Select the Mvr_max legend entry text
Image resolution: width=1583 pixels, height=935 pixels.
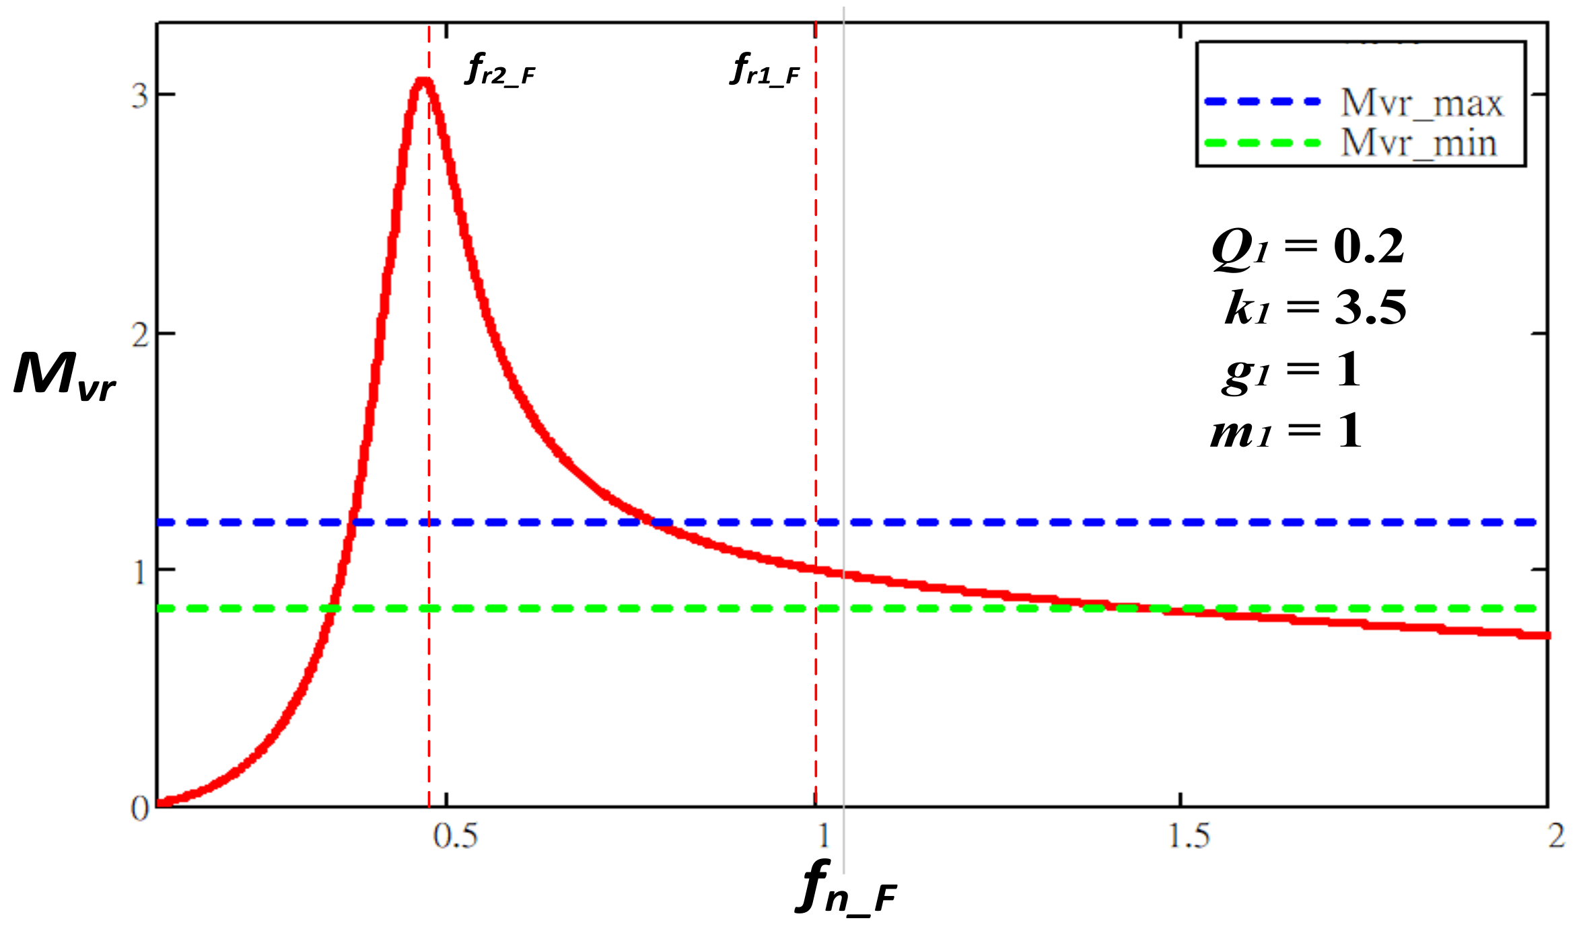coord(1421,103)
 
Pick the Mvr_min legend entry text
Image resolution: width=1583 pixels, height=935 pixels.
coord(1419,143)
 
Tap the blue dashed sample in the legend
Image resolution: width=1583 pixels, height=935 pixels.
coord(1263,102)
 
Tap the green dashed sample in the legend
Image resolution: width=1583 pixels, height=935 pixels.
coord(1263,143)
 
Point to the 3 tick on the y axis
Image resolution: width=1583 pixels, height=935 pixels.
coord(139,96)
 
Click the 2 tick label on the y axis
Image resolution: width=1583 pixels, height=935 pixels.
coord(139,334)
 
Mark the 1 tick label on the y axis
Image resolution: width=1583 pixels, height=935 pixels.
coord(139,572)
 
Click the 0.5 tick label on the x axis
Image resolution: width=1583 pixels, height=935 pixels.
coord(456,836)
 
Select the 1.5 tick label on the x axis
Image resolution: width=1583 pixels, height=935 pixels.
coord(1189,836)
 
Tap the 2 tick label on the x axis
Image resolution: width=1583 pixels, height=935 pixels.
coord(1556,836)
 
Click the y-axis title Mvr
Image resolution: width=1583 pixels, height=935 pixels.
coord(65,377)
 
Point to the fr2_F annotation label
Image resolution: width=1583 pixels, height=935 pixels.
coord(500,70)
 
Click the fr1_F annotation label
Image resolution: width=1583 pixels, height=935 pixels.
coord(765,70)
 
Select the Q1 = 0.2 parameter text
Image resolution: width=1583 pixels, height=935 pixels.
coord(1308,248)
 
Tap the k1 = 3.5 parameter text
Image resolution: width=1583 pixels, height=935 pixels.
coord(1315,308)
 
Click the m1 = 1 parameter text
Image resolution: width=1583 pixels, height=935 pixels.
coord(1286,431)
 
